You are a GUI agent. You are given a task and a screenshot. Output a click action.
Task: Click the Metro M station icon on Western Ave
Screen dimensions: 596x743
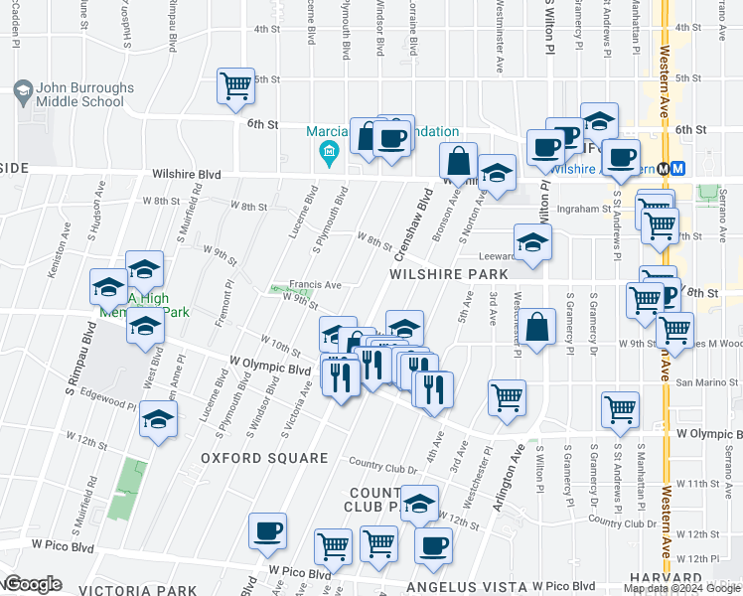click(678, 168)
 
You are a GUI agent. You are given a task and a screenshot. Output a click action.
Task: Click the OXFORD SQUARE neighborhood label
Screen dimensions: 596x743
click(264, 458)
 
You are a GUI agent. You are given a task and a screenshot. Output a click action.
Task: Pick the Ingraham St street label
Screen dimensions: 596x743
click(583, 209)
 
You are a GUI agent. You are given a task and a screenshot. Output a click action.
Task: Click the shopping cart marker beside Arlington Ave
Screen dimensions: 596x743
click(507, 398)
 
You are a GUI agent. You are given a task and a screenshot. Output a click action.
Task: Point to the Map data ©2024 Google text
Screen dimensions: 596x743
click(683, 588)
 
